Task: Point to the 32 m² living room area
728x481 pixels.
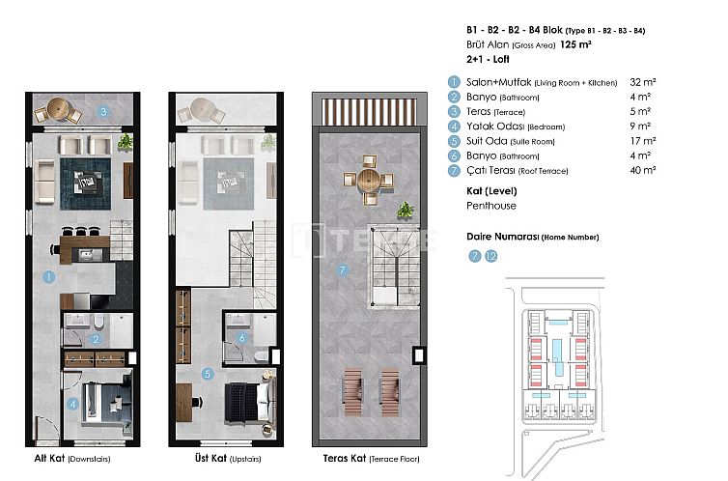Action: (643, 84)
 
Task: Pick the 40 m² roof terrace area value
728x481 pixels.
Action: (642, 169)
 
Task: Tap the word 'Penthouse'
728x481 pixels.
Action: (490, 206)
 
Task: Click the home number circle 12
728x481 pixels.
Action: (491, 256)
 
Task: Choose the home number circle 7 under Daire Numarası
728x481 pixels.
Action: (474, 256)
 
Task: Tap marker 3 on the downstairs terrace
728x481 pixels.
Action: (103, 111)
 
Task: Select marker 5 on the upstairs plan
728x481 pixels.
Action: (207, 373)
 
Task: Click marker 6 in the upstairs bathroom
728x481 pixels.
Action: (242, 338)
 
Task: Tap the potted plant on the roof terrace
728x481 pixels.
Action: (406, 211)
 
